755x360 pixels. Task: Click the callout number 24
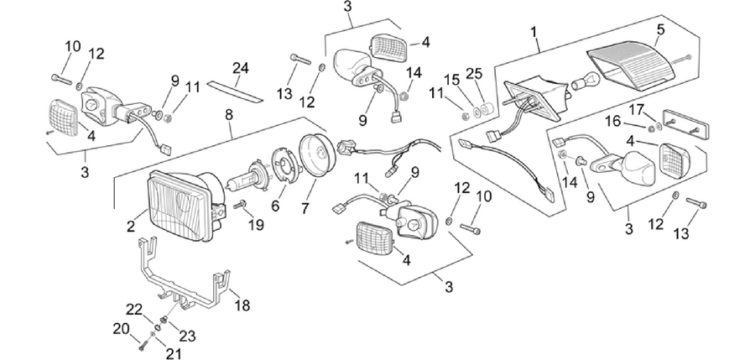(x=240, y=69)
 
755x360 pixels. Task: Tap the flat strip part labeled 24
(x=235, y=91)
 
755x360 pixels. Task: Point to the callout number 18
(x=242, y=305)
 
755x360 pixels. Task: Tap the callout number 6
(x=275, y=206)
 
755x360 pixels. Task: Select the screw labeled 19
(x=240, y=205)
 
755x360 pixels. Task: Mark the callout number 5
(x=660, y=29)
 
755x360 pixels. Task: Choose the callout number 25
(x=474, y=74)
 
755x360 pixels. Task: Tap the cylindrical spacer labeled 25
(x=486, y=111)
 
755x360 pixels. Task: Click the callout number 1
(x=534, y=32)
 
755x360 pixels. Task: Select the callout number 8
(x=229, y=115)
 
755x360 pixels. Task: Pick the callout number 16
(x=613, y=122)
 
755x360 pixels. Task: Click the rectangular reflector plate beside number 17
(x=685, y=124)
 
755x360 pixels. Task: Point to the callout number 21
(x=174, y=354)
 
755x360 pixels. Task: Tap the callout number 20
(x=122, y=329)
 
